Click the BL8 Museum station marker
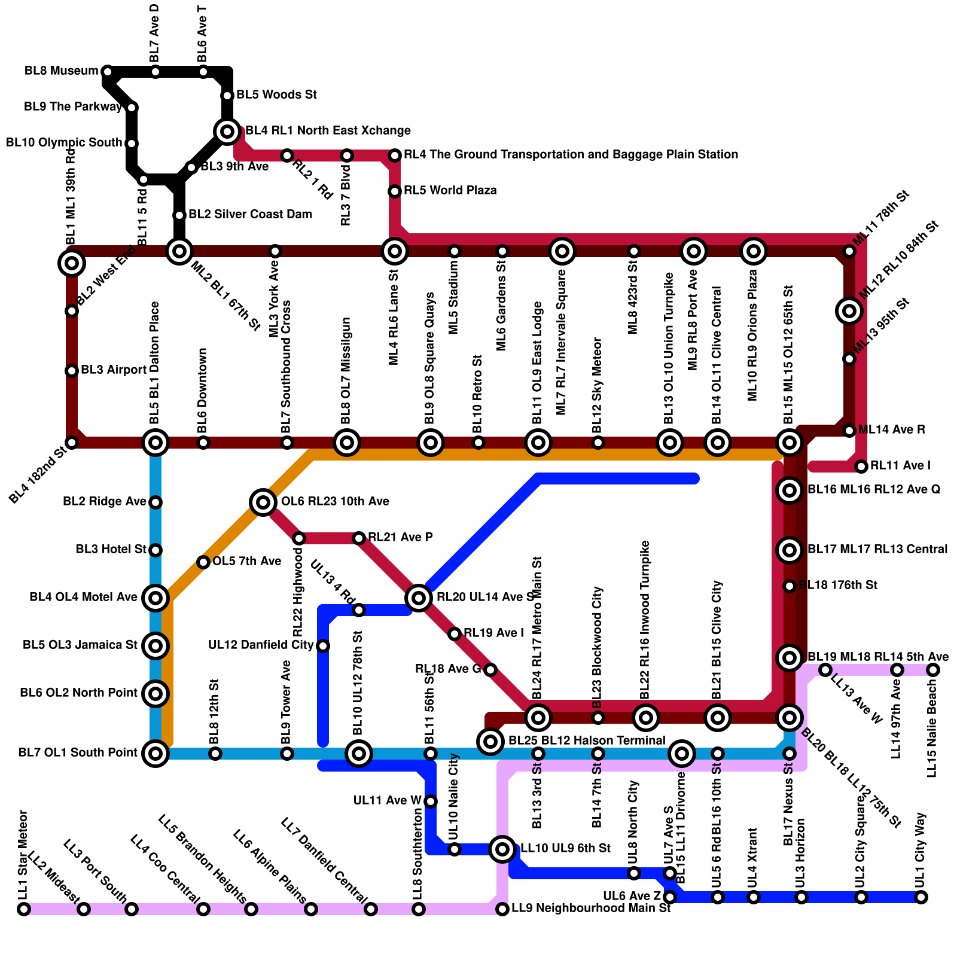click(108, 72)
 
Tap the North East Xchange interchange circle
click(227, 131)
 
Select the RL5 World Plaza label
click(450, 191)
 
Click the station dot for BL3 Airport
click(72, 371)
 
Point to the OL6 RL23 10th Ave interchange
click(263, 502)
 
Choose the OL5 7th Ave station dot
click(203, 562)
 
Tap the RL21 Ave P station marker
click(359, 538)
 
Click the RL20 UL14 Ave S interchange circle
click(419, 598)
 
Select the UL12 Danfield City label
click(261, 645)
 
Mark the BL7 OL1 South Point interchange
click(156, 753)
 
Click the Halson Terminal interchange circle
click(490, 741)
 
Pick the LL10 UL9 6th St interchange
click(502, 849)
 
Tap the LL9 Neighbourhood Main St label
click(591, 909)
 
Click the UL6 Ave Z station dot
click(670, 897)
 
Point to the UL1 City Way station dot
click(921, 897)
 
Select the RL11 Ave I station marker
click(861, 466)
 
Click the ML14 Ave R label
click(892, 430)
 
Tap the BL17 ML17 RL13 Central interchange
click(790, 550)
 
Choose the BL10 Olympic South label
click(64, 143)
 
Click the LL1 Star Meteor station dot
click(24, 909)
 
